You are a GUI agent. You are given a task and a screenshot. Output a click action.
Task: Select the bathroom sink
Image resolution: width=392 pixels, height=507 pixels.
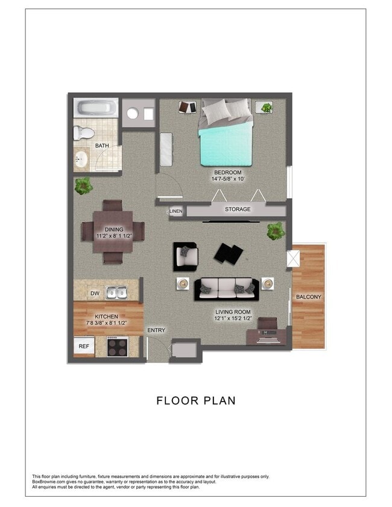(81, 160)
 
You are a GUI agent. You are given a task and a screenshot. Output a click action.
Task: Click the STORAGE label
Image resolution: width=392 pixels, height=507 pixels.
(238, 210)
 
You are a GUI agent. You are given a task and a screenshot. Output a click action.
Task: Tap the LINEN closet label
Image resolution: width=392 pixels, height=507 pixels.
(175, 211)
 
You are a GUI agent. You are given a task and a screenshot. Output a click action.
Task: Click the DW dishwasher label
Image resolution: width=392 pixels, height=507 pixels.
(95, 293)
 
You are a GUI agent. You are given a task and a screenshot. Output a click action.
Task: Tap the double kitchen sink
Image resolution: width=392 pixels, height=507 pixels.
(117, 293)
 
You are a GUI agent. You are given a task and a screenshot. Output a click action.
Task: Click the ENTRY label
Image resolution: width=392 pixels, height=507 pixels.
(156, 330)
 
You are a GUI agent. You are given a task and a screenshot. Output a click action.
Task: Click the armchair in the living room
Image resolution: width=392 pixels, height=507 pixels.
(185, 257)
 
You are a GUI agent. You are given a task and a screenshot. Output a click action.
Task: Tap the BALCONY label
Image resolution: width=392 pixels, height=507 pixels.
(308, 297)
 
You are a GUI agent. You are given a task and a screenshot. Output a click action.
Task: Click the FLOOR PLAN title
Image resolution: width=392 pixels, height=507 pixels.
(196, 400)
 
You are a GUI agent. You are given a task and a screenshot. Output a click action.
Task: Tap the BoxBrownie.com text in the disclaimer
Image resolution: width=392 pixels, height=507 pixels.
(49, 482)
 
